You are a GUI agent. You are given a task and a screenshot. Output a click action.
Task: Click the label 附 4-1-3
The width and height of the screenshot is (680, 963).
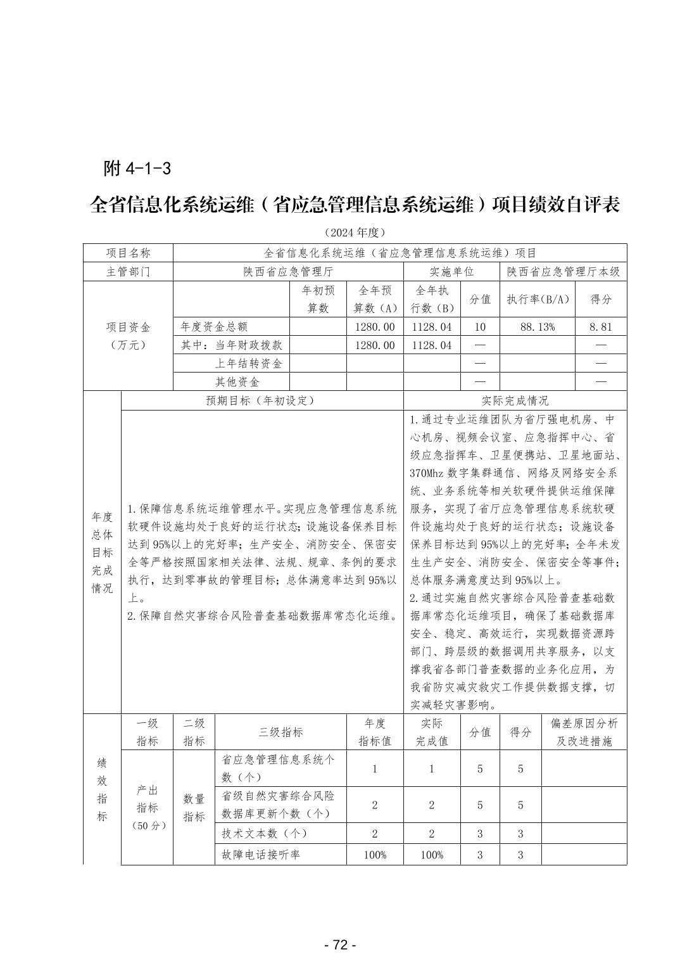(x=137, y=169)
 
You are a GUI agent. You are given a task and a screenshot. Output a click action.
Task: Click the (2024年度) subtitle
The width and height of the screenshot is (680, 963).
(x=354, y=233)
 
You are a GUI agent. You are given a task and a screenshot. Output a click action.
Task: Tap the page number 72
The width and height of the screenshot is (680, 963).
(x=340, y=945)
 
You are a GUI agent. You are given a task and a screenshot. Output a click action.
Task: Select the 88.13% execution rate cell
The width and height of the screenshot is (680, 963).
(x=537, y=327)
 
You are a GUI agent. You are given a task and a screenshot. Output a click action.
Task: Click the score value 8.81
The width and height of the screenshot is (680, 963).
(x=600, y=327)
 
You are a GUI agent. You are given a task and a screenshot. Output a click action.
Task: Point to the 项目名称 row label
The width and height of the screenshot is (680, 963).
(x=128, y=253)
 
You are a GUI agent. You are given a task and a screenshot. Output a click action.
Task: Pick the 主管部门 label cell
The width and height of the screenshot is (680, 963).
(x=128, y=272)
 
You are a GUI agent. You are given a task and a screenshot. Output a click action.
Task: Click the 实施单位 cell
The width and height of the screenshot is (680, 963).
(x=451, y=272)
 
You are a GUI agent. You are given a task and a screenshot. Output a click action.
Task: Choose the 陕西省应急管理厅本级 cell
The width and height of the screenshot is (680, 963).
(x=563, y=272)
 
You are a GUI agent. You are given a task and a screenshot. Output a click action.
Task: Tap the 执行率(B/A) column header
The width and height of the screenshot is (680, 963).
(x=537, y=299)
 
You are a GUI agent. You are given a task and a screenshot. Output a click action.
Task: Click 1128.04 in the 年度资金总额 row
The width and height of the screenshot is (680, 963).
(x=431, y=327)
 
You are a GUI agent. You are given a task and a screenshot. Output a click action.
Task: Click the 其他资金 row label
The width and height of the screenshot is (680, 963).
(x=237, y=382)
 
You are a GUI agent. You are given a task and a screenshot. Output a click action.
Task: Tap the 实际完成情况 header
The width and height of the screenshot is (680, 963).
(x=515, y=400)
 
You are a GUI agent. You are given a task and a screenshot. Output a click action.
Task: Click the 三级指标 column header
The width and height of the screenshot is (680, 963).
(x=280, y=732)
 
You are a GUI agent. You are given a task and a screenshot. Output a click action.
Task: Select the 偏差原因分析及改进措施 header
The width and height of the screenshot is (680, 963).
(x=584, y=732)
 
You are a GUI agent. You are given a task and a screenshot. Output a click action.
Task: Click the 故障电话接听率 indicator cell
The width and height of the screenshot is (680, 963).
(x=260, y=854)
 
